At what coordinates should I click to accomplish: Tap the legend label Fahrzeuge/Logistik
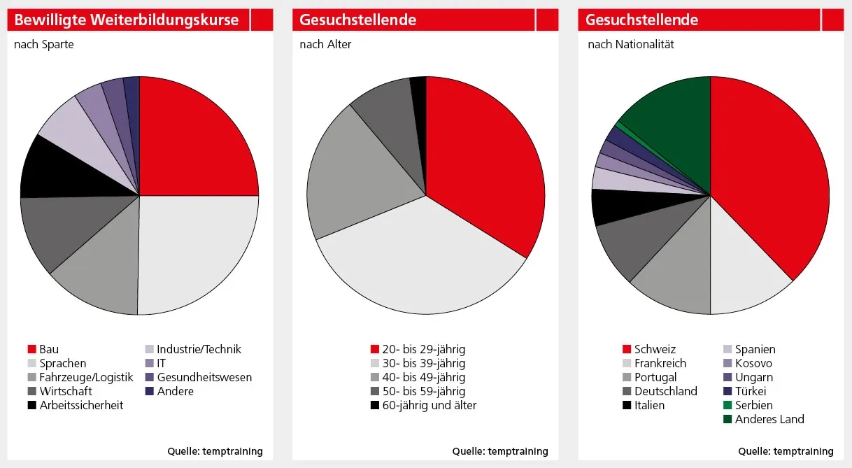pos(86,377)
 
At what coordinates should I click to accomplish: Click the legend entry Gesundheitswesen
pos(204,377)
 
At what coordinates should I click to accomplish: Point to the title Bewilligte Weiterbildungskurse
pos(127,20)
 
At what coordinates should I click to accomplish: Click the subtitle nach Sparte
pos(44,44)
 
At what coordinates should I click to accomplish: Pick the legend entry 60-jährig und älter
pos(429,405)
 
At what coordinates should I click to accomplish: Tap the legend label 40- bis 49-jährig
pos(423,377)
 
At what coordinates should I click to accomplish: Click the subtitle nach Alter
pos(325,44)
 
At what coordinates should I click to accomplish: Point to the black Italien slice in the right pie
pos(607,207)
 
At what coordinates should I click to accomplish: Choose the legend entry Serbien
pos(754,405)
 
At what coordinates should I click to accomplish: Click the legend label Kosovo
pos(753,363)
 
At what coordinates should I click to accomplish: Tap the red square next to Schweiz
pos(627,349)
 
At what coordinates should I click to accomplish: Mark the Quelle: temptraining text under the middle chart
pos(500,451)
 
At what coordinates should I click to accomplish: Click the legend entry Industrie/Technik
pos(199,349)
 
